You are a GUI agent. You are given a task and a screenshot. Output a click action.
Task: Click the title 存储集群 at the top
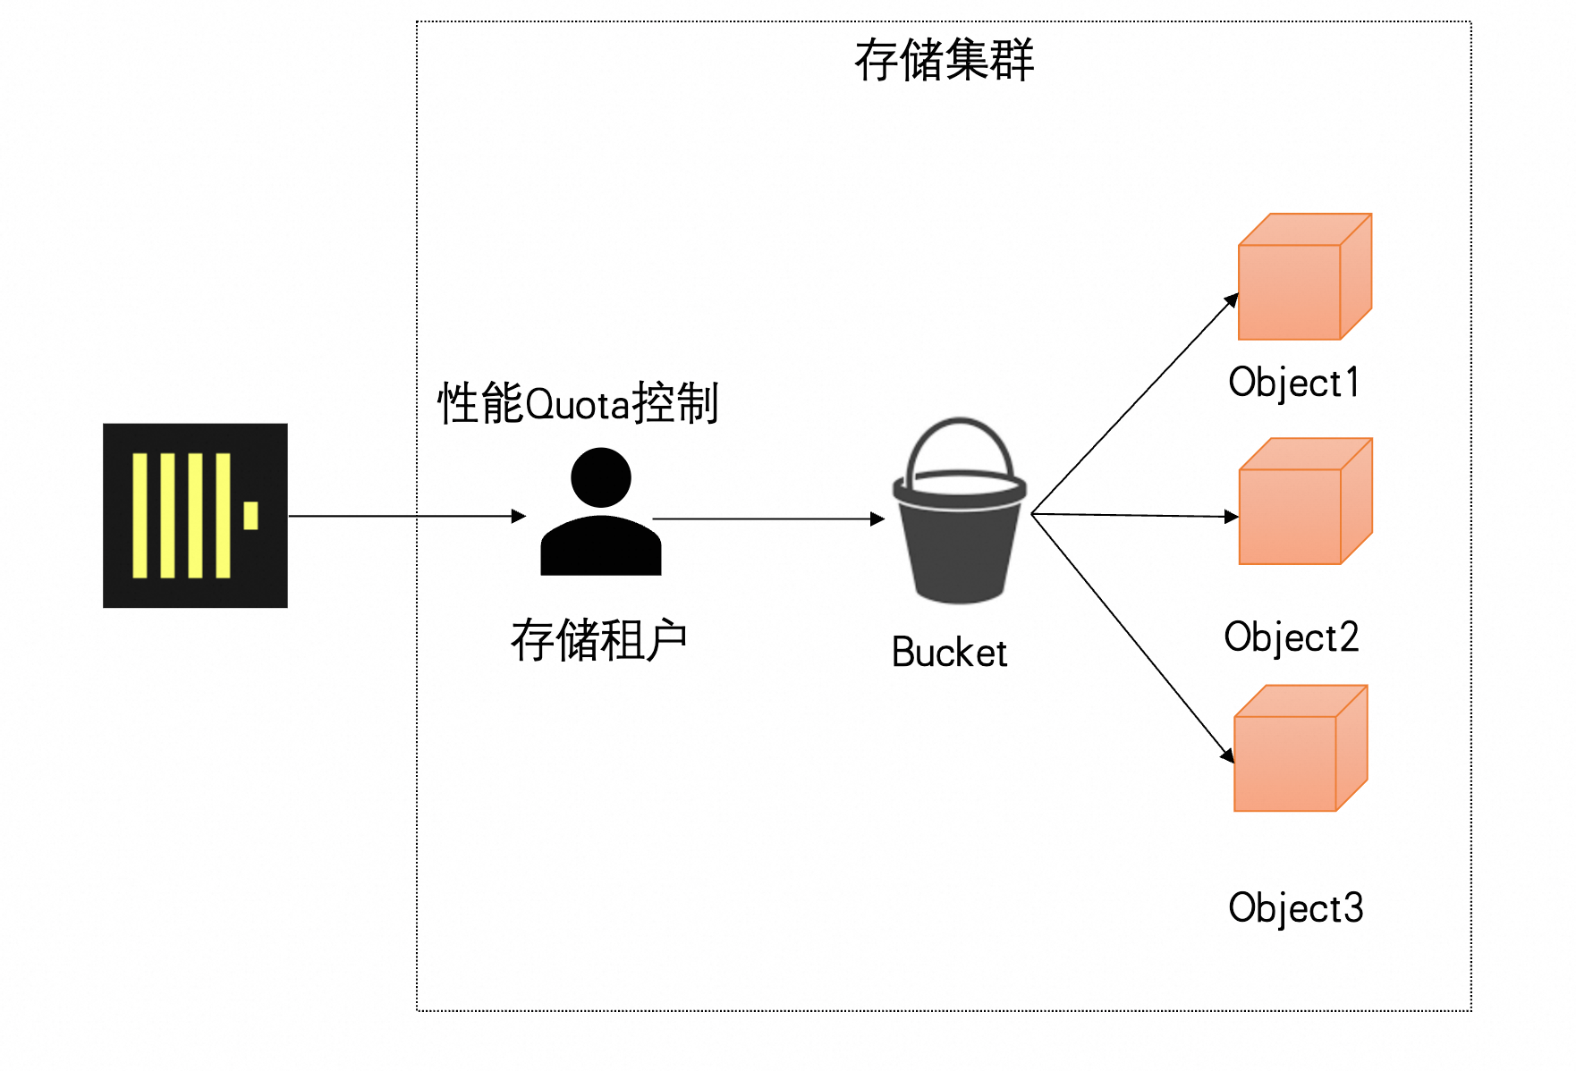point(944,61)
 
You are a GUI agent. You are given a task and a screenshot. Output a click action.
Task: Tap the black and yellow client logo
point(195,516)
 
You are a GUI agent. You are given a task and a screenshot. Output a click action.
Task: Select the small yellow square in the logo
point(250,516)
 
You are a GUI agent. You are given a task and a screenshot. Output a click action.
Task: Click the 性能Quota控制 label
point(578,403)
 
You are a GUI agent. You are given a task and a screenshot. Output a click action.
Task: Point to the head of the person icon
point(601,477)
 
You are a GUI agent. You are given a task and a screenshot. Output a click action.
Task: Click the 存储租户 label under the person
point(598,640)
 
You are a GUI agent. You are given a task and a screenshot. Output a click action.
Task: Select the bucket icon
point(960,536)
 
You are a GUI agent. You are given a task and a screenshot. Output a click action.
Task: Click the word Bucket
point(949,653)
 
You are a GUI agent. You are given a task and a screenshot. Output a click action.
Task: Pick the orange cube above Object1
point(1304,277)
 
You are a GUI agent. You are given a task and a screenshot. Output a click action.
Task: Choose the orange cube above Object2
point(1305,502)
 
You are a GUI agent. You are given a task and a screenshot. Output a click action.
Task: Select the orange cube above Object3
point(1301,748)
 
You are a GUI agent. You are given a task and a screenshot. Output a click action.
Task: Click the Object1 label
point(1293,383)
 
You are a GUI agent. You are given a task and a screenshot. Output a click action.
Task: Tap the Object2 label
point(1292,637)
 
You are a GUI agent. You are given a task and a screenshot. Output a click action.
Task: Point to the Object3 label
point(1295,908)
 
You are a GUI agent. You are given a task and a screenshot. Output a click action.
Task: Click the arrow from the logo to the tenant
point(407,516)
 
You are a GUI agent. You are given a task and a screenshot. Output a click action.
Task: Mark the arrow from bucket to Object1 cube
point(1134,406)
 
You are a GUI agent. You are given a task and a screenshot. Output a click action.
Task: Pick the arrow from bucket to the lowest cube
point(1132,637)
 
